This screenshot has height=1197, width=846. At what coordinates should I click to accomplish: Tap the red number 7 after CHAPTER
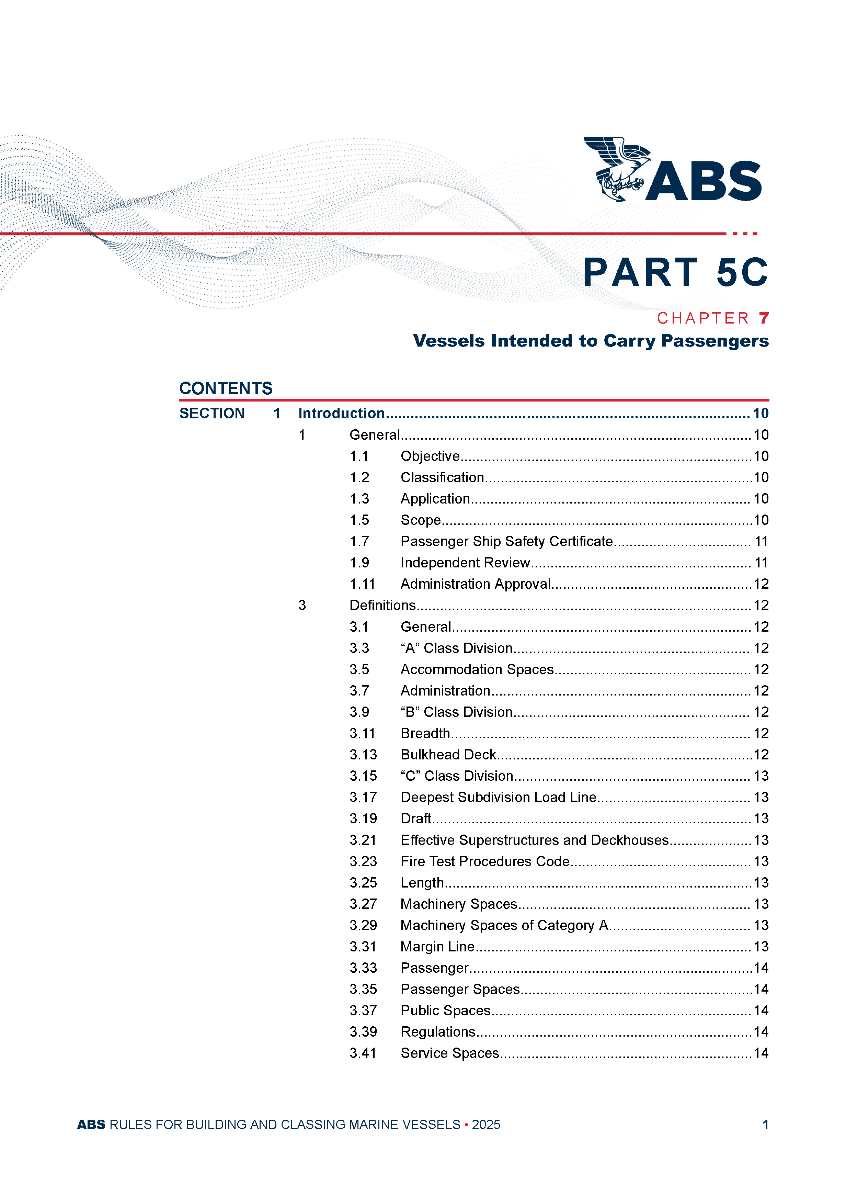click(764, 318)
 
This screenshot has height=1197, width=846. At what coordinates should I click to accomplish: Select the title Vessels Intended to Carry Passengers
click(591, 341)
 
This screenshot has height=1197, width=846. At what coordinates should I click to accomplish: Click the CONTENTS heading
click(226, 388)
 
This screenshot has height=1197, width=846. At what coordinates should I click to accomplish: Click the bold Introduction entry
click(341, 414)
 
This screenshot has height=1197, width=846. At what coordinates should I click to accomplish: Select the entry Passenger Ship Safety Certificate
click(506, 541)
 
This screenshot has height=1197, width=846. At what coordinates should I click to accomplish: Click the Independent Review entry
click(465, 563)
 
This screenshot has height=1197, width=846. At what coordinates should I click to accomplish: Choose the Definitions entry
click(382, 605)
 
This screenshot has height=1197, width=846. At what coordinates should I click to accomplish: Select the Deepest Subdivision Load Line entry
click(498, 797)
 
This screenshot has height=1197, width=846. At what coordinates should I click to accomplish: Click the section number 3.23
click(363, 861)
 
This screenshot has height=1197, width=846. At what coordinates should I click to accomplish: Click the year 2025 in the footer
click(486, 1125)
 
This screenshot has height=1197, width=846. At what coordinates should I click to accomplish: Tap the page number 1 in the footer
click(765, 1125)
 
